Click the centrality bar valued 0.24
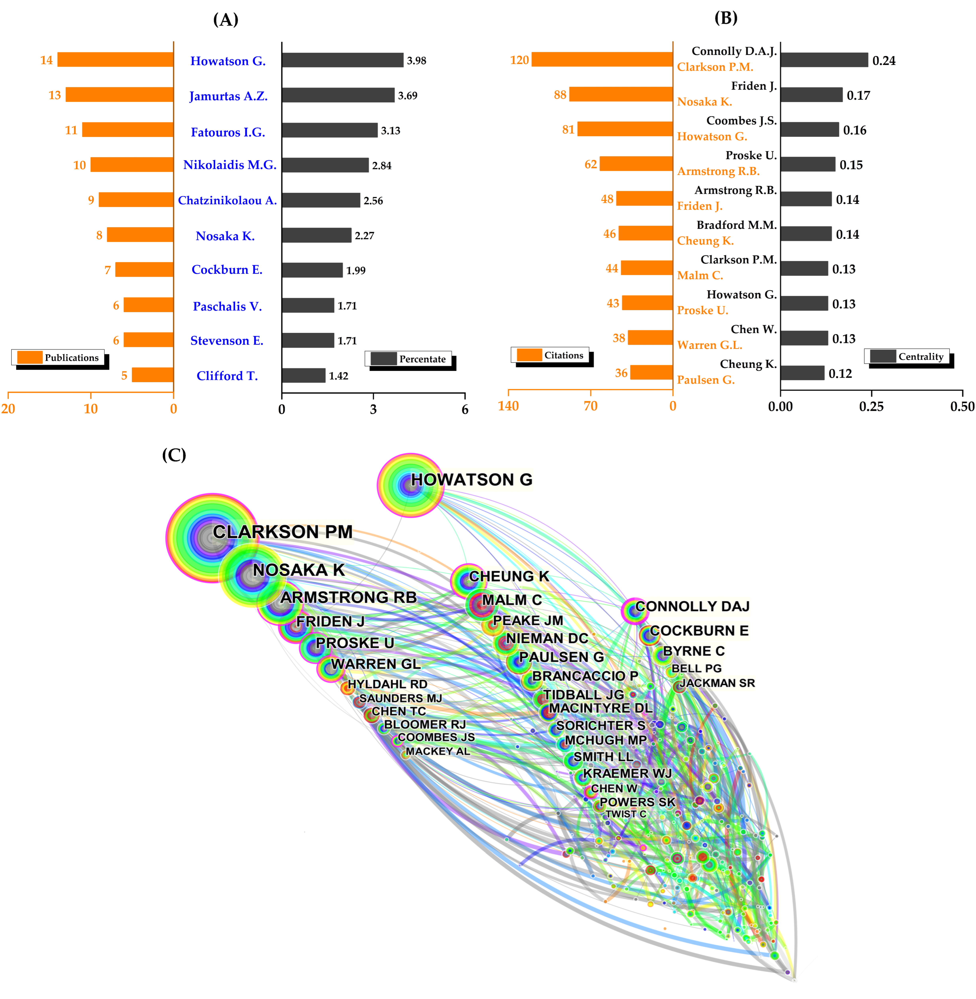[824, 60]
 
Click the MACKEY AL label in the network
[437, 751]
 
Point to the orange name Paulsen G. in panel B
[705, 380]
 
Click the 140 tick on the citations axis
[508, 406]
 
